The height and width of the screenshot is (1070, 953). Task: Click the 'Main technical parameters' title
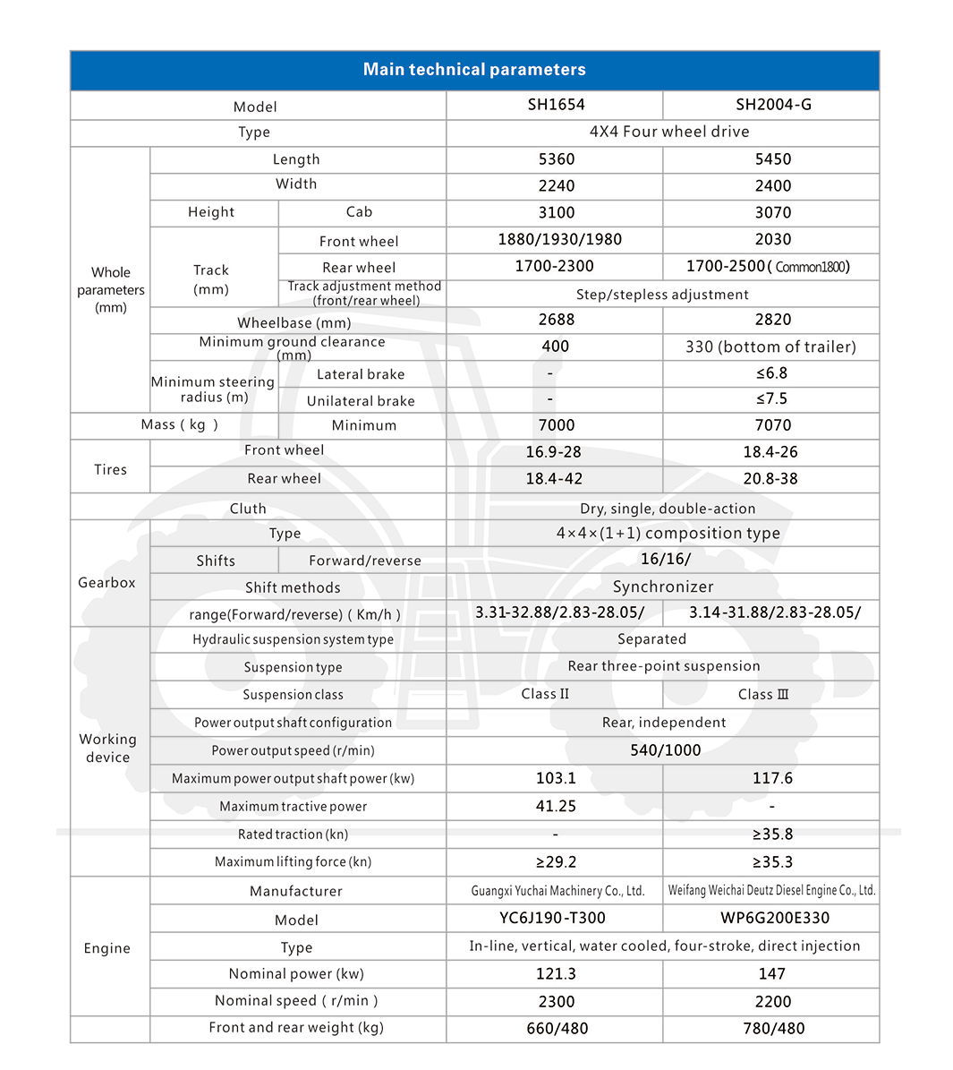[x=474, y=70]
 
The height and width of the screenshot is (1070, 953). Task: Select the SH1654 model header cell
[x=556, y=105]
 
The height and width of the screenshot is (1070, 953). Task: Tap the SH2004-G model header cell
[x=773, y=105]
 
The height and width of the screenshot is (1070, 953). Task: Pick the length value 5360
[x=556, y=159]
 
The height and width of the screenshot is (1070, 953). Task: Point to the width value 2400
[x=772, y=186]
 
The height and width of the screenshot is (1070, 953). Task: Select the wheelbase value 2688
[x=556, y=320]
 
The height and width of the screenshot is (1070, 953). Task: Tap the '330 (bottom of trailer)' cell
[x=770, y=347]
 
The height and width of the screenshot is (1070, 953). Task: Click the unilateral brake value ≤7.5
[x=771, y=399]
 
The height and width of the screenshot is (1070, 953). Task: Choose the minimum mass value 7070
[x=772, y=425]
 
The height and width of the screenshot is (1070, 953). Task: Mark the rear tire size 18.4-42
[x=554, y=479]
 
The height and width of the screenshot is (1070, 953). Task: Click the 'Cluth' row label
[x=248, y=509]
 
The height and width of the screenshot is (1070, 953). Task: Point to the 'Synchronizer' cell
[x=663, y=587]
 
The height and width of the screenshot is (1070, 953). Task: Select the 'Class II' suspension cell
[x=545, y=695]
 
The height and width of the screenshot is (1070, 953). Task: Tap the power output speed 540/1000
[x=665, y=750]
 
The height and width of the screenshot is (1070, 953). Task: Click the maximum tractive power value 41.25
[x=556, y=807]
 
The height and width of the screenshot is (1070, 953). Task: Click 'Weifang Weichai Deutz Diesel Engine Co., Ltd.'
[x=771, y=891]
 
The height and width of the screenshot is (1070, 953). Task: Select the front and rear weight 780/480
[x=773, y=1029]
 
